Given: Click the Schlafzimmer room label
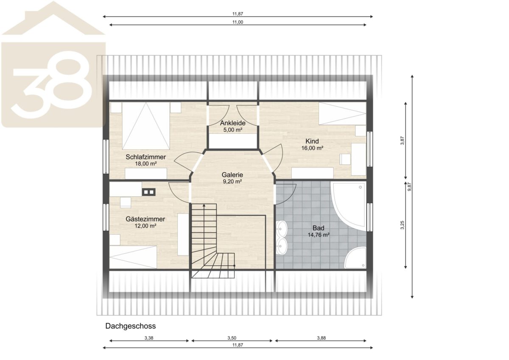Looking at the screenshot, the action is [145, 157].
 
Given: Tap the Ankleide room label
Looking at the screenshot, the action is [232, 123].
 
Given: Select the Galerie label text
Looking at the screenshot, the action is [232, 175].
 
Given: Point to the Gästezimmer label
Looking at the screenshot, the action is [145, 219].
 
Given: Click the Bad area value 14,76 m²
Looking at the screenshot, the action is [319, 235].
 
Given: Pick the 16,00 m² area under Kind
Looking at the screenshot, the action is [312, 148].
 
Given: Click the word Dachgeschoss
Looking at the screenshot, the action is [131, 326].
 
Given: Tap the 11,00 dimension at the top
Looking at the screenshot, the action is [238, 22].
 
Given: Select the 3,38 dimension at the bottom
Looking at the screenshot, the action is [149, 338].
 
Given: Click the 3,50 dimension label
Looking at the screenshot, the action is [232, 338].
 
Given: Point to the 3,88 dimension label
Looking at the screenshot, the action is [322, 338].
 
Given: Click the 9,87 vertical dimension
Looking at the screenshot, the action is [409, 187].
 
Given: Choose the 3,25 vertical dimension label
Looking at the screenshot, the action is [403, 225].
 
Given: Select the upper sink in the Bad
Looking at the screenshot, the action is [282, 229].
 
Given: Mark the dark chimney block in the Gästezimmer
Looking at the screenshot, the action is [149, 192].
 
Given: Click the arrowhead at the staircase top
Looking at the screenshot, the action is [204, 206].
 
